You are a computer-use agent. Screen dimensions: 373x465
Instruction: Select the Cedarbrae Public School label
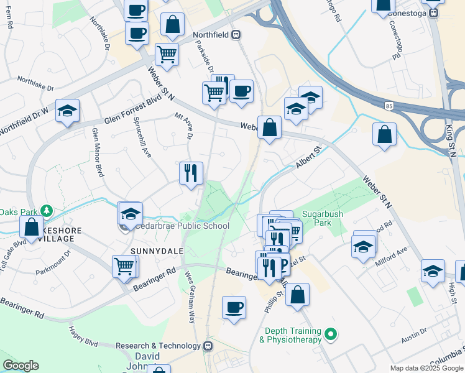click(x=183, y=226)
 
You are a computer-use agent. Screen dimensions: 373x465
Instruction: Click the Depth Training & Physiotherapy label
click(x=293, y=335)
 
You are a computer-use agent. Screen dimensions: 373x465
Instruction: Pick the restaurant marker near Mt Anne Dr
click(x=191, y=172)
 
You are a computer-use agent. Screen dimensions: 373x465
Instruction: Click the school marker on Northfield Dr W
click(x=67, y=112)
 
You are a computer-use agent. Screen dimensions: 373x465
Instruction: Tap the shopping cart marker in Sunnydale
click(x=124, y=266)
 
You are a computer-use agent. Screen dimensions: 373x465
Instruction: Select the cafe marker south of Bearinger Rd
click(x=234, y=307)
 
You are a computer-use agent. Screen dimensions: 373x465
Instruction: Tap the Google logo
click(x=21, y=366)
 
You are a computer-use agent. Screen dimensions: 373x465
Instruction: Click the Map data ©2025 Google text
click(x=426, y=368)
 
